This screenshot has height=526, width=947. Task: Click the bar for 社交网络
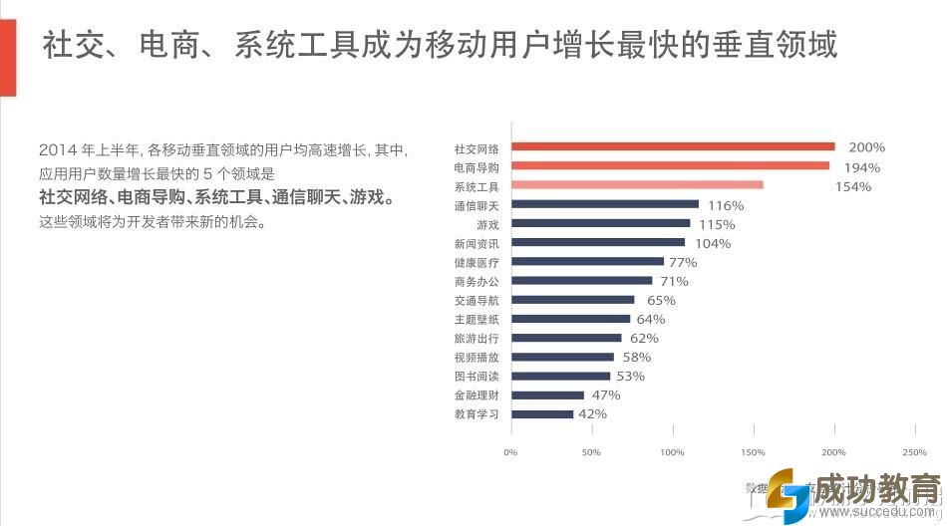pos(673,147)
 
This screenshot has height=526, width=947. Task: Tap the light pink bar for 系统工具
pos(637,185)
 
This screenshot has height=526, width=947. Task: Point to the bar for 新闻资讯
pos(598,242)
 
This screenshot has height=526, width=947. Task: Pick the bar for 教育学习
pos(542,413)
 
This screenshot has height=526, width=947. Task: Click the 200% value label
pos(866,147)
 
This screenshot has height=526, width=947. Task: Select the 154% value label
pos(852,186)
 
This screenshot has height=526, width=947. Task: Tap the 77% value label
pos(683,262)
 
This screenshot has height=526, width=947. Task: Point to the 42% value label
pos(592,413)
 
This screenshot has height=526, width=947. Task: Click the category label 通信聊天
pos(476,205)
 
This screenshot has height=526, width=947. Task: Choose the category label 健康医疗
pos(476,262)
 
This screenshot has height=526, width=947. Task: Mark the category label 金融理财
pos(476,394)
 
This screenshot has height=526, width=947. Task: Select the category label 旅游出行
pos(476,338)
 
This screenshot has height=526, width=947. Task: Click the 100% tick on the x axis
pos(672,452)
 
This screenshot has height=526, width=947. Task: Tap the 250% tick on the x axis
pos(914,452)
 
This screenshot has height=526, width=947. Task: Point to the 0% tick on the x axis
pos(510,452)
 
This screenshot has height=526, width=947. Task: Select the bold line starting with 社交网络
pos(216,197)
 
